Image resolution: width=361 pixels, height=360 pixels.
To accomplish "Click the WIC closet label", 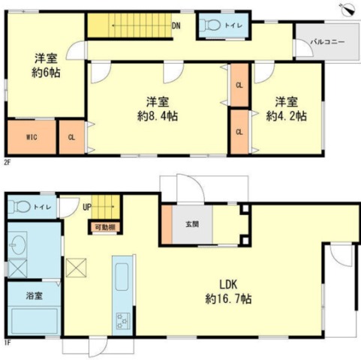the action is tap(32, 137).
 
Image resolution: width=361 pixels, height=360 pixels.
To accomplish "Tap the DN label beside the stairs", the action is tap(176, 25).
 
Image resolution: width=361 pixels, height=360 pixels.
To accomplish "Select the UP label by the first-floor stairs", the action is tap(87, 208).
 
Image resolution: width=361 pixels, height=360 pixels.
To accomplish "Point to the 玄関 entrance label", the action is tap(192, 224).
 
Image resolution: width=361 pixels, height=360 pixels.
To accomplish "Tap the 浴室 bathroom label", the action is tap(35, 295).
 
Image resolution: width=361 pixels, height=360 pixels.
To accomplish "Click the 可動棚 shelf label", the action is tap(105, 227).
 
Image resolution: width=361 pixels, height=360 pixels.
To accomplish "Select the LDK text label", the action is tap(228, 284).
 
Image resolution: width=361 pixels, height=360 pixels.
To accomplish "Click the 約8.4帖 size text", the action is tap(158, 116).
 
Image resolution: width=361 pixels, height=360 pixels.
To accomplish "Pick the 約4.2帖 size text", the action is tap(287, 116).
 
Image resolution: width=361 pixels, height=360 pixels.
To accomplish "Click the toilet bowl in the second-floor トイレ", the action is tap(212, 25).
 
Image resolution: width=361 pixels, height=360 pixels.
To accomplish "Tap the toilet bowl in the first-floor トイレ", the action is tap(20, 207).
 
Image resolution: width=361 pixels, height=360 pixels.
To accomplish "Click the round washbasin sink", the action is tap(17, 245).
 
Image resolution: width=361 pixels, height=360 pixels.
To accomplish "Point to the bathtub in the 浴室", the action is tap(35, 320).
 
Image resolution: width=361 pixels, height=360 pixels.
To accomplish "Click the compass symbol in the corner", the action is tap(348, 10).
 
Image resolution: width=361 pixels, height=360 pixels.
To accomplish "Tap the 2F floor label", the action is tap(7, 163).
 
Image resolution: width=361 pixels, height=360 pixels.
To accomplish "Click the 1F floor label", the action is tap(7, 343).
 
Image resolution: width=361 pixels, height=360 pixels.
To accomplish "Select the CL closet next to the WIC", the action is tap(72, 137).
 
